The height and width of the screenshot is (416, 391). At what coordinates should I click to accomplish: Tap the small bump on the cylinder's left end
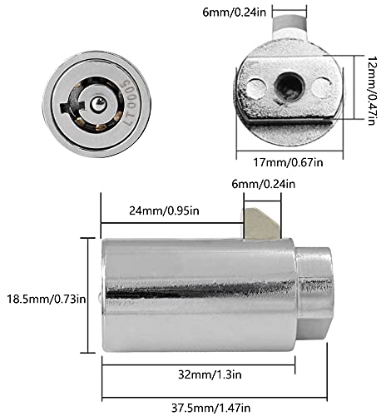pos(99,297)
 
